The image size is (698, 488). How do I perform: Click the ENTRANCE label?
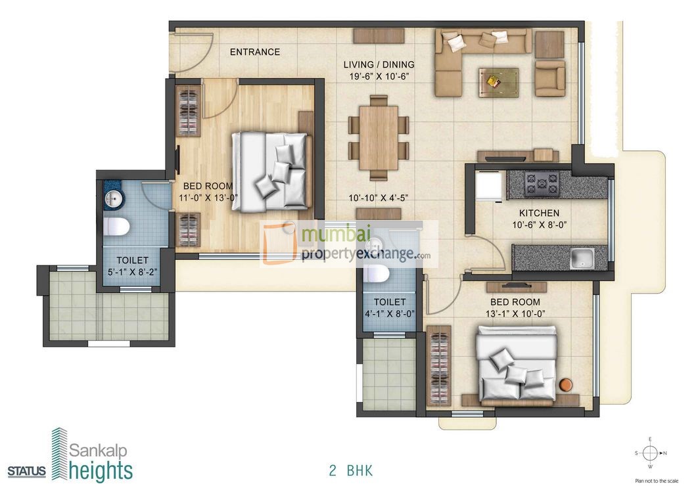point(254,52)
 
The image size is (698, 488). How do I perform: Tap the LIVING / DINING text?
point(379,64)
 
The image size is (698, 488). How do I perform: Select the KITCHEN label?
point(539,213)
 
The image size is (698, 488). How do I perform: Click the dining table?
point(379,138)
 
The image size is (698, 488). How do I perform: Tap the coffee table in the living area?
point(498,81)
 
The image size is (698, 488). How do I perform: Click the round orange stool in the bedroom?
point(565,385)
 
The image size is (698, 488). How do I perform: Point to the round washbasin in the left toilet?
point(112,198)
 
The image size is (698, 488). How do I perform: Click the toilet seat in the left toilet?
point(116,227)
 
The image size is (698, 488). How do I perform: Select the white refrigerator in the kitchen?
point(489,186)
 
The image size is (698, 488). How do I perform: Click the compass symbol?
point(649,453)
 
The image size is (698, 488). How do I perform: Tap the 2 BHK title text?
point(351,470)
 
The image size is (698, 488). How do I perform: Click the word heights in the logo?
point(101,471)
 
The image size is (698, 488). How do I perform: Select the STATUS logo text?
point(27,471)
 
